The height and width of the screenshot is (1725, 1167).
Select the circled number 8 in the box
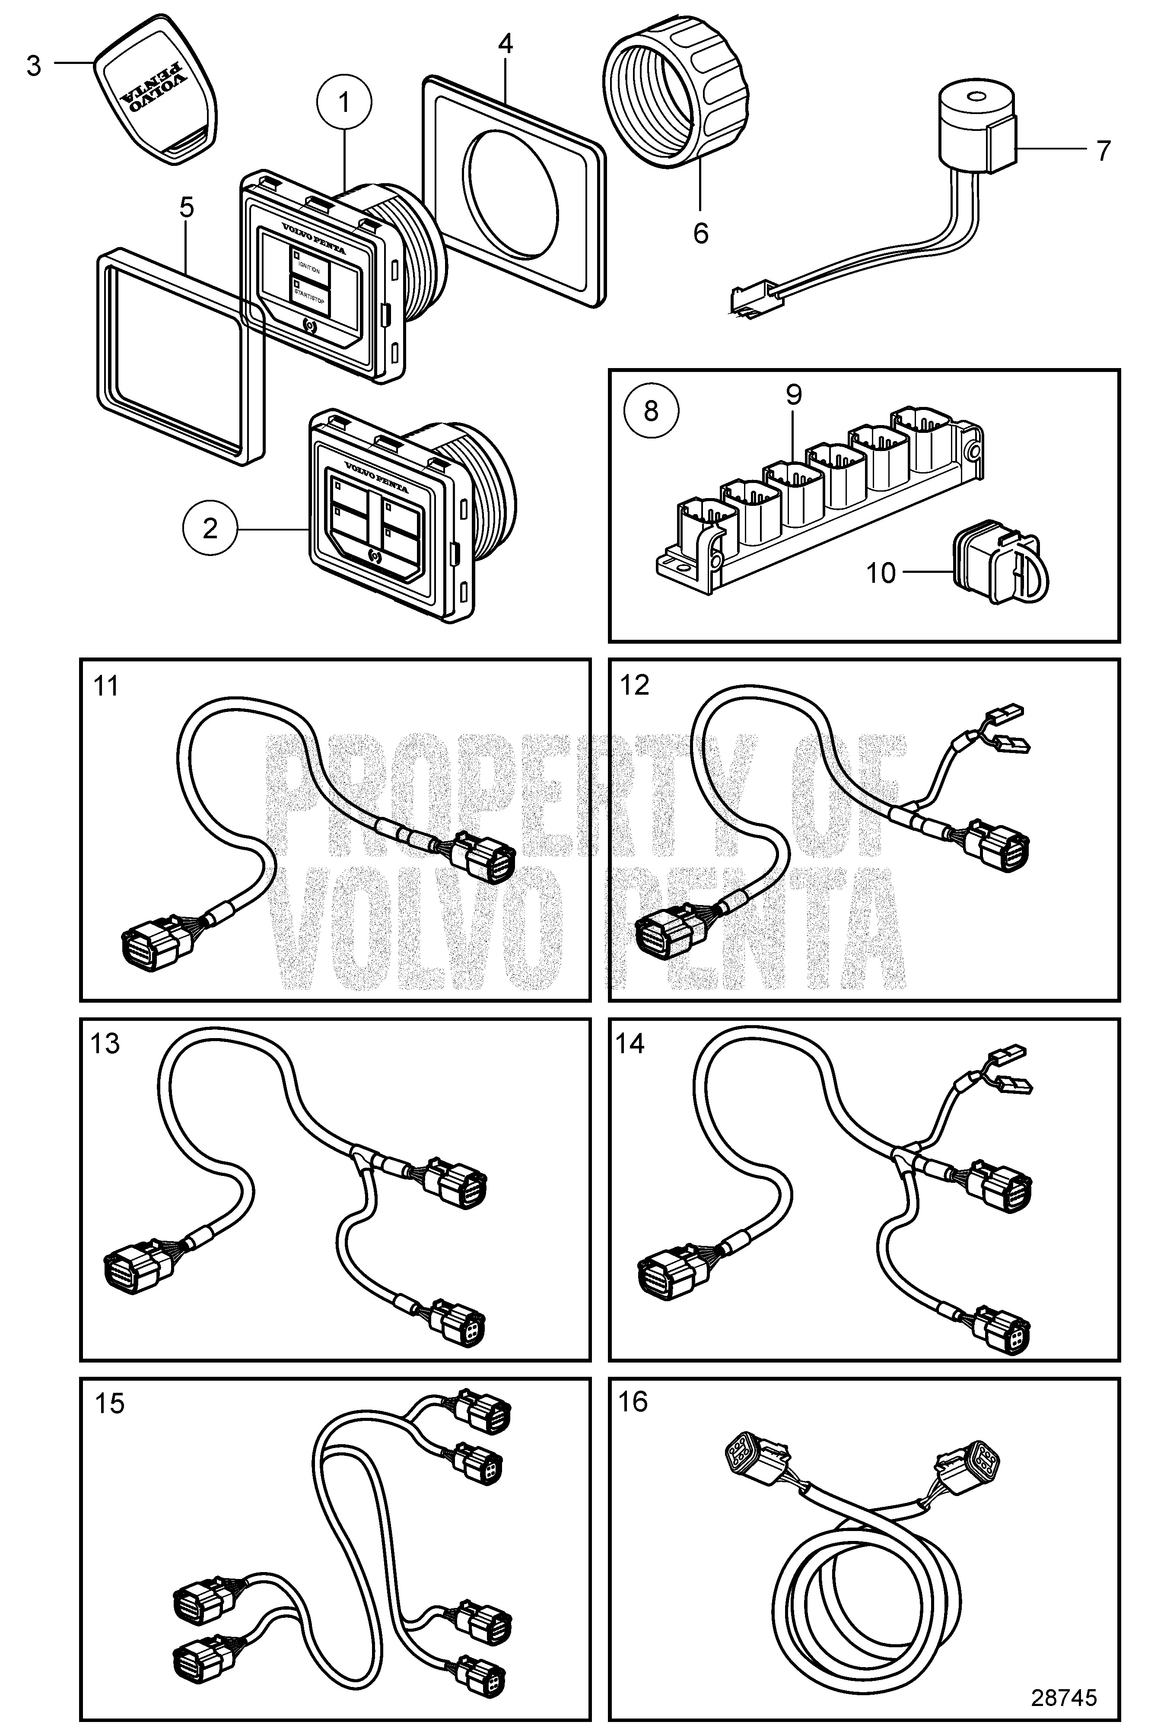tap(651, 410)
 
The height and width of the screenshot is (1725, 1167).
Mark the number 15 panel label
tap(109, 1404)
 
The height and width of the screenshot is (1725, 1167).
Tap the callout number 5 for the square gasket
tap(186, 208)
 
